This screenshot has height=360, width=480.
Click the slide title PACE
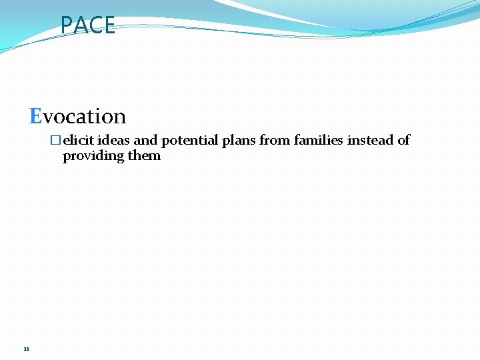(87, 25)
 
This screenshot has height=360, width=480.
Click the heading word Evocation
(78, 116)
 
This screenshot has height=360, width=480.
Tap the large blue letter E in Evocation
(36, 116)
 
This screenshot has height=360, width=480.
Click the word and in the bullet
(145, 140)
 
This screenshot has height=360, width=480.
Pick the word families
(319, 140)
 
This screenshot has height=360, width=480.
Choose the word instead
(370, 140)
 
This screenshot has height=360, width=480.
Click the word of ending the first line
(403, 140)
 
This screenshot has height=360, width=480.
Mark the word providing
(93, 156)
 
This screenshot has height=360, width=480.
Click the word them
(145, 155)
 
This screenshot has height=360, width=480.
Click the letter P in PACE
(66, 25)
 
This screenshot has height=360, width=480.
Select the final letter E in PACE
(109, 25)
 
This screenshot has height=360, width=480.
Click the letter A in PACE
(80, 25)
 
